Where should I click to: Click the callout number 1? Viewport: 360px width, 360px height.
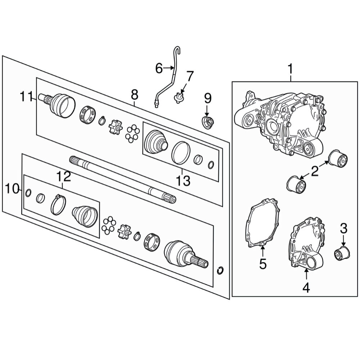[291, 69]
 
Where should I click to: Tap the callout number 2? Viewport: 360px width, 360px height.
[315, 171]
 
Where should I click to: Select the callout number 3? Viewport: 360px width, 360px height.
[343, 229]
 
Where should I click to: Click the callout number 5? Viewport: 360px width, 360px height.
[263, 264]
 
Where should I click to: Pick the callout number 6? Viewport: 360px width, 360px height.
[159, 68]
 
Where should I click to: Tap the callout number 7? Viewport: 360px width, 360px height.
[190, 76]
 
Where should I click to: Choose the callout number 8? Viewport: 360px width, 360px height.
[135, 95]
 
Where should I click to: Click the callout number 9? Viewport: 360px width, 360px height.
[207, 99]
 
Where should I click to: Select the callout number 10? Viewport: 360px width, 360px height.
[12, 189]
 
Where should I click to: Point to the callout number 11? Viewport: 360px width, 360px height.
[27, 96]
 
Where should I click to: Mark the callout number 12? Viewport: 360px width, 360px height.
[63, 176]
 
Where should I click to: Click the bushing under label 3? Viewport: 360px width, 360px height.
[341, 253]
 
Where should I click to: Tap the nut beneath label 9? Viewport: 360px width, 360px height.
[207, 123]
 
